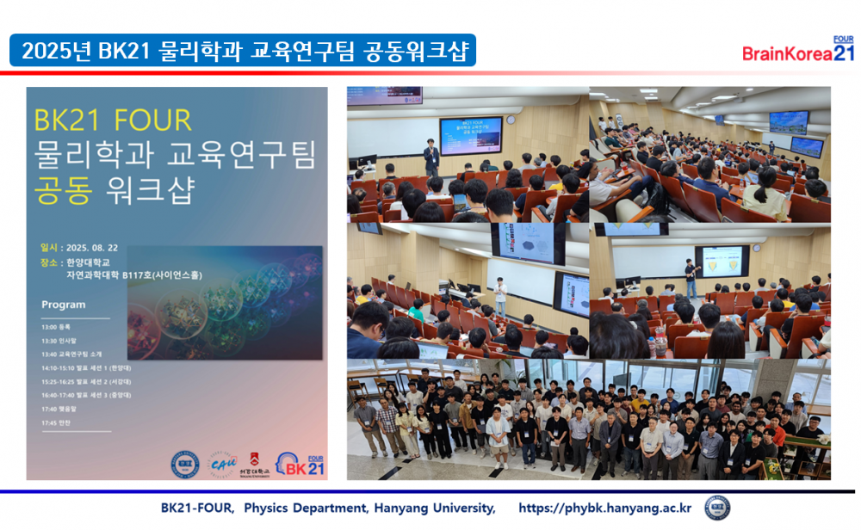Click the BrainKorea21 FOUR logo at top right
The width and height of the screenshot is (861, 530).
click(798, 51)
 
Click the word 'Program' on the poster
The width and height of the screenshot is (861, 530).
click(64, 305)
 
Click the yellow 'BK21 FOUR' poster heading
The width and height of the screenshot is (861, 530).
click(112, 120)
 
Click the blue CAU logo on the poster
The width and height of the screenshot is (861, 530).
click(223, 465)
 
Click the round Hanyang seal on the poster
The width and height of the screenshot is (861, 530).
click(184, 465)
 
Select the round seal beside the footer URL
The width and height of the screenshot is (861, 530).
click(717, 508)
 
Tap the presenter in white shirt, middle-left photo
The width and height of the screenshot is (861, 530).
click(500, 293)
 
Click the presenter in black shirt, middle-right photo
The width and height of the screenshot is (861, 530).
click(691, 277)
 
